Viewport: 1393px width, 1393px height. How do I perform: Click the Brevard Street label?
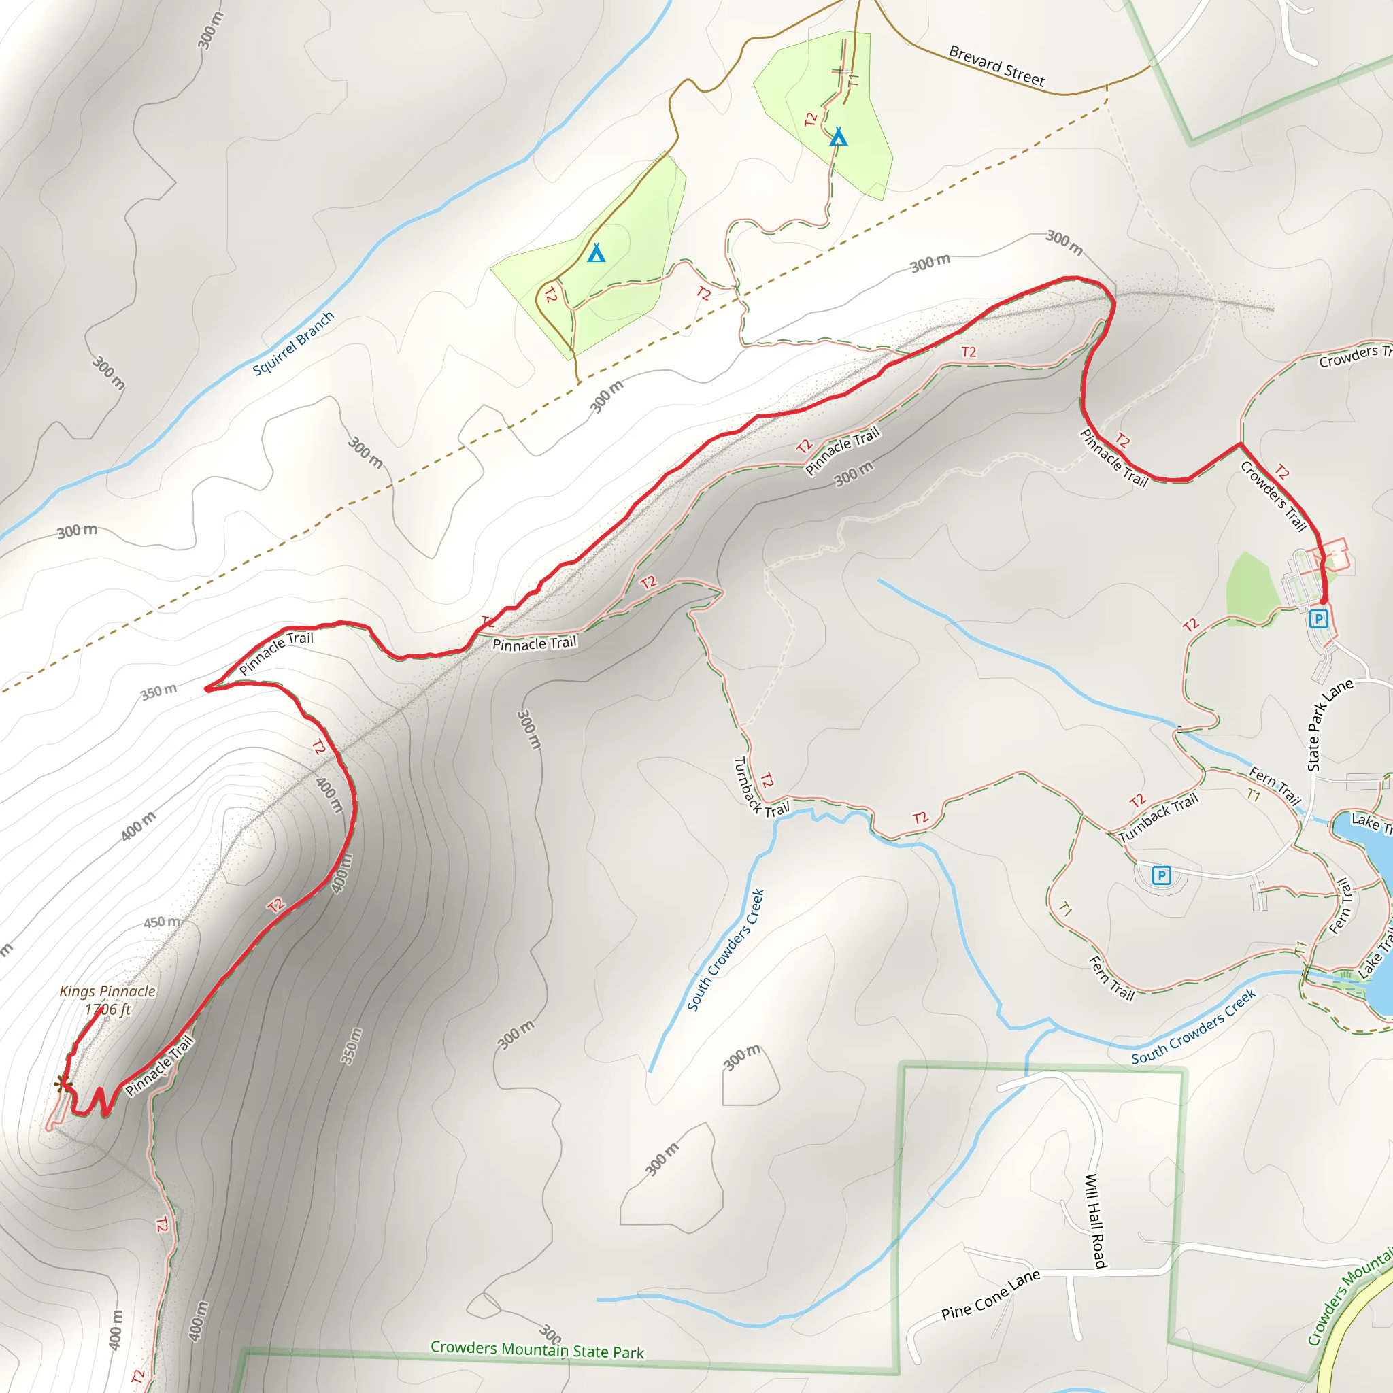coord(996,65)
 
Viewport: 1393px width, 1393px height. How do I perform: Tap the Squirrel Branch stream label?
coord(292,344)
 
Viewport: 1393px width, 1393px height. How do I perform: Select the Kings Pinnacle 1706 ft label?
coord(107,1000)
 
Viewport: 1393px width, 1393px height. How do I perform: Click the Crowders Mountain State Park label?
coord(537,1349)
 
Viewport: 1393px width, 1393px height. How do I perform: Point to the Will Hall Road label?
coord(1095,1221)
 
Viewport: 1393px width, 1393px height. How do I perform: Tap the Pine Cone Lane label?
coord(990,1294)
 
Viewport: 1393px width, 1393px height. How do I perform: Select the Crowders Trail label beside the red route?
coord(1273,496)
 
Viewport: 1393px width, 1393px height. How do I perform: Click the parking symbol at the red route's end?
coord(1319,619)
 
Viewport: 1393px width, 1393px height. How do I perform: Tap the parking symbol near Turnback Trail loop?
coord(1161,875)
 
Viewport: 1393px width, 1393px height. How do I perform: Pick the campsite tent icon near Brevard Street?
coord(838,136)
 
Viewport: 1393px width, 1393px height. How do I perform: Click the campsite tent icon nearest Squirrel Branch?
coord(597,253)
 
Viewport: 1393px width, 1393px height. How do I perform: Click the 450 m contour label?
coord(161,922)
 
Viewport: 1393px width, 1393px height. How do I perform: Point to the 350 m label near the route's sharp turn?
coord(158,692)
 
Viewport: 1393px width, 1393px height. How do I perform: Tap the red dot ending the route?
coord(1323,600)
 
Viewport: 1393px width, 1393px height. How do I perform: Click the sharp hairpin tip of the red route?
coord(207,689)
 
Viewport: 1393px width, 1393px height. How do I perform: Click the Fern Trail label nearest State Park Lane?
coord(1275,786)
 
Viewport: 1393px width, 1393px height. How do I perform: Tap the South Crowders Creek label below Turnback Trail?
coord(725,950)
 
